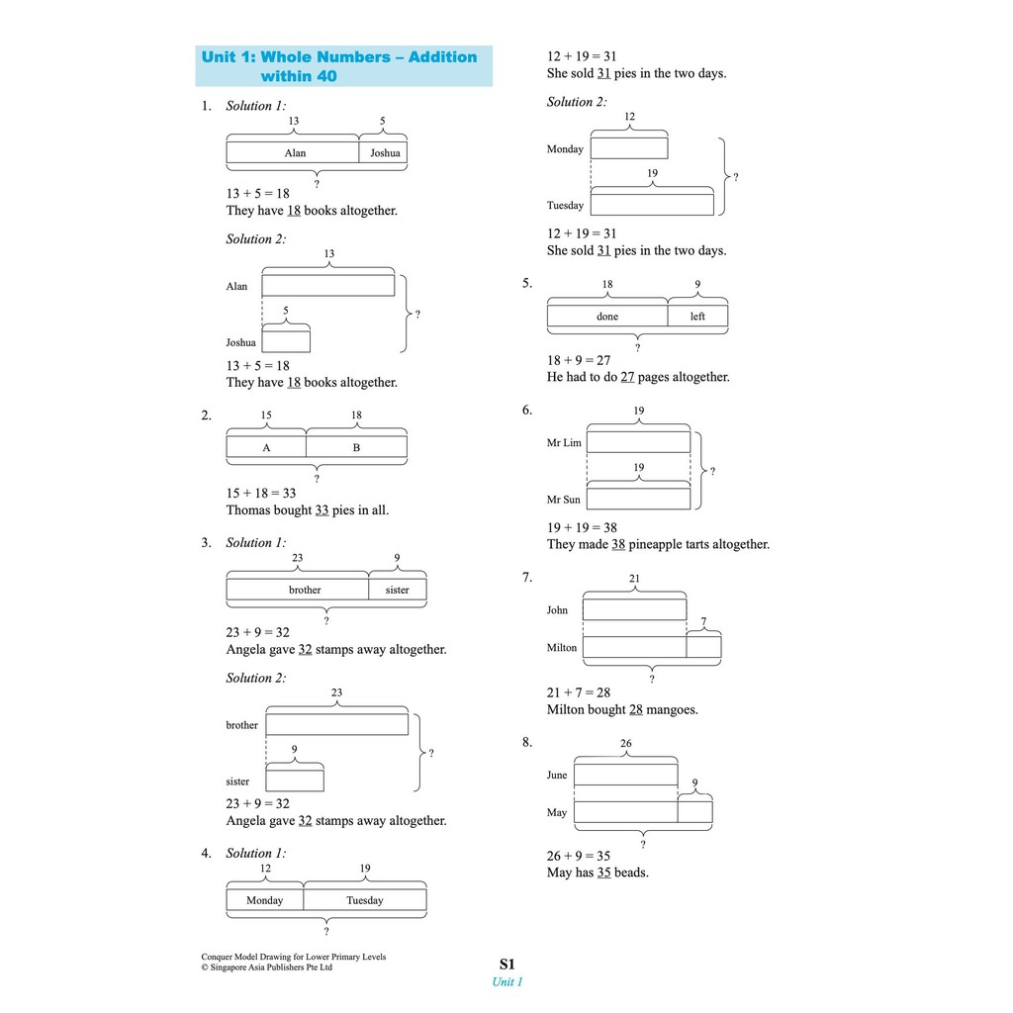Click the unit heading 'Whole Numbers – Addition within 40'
point(339,66)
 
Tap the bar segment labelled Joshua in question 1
point(384,153)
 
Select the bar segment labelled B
point(356,447)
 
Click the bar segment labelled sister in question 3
point(397,590)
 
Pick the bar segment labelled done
point(607,317)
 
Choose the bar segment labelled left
point(697,317)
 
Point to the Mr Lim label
point(564,443)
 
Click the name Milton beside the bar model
point(561,648)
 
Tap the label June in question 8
point(557,776)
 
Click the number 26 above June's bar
point(625,744)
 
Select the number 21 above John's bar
point(634,579)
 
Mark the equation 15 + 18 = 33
point(261,493)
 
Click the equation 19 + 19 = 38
point(582,527)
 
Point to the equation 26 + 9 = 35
point(579,856)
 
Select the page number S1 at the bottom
point(506,964)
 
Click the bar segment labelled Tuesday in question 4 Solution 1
point(364,900)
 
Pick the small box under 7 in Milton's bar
point(703,647)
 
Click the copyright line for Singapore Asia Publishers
point(267,967)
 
